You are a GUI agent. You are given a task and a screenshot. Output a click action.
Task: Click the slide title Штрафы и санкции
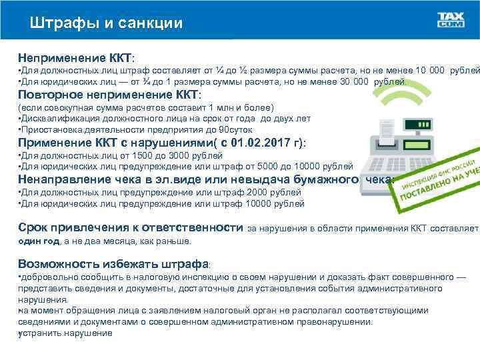[106, 23]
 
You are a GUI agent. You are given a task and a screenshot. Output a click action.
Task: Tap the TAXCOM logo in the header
[451, 20]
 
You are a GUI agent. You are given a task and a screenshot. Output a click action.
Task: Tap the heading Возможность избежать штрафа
[113, 263]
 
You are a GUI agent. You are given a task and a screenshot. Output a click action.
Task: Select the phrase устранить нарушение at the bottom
[66, 332]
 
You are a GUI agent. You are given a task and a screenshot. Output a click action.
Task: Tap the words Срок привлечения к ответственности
[130, 227]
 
